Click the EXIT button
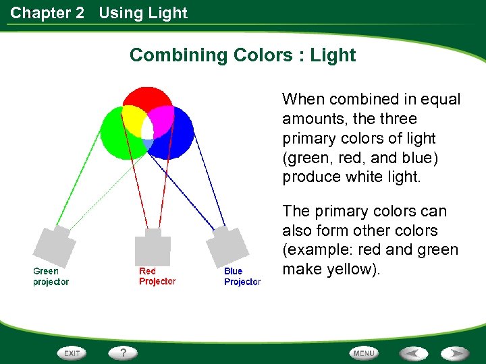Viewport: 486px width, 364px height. tap(72, 353)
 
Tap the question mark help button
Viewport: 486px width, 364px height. tap(124, 353)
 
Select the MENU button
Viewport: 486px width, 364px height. tap(364, 353)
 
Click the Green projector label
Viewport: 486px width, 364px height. tap(51, 276)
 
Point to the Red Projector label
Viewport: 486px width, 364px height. tap(157, 276)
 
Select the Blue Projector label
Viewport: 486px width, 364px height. tap(242, 276)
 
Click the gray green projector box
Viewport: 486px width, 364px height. tap(56, 245)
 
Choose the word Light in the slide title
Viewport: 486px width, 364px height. tap(333, 55)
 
